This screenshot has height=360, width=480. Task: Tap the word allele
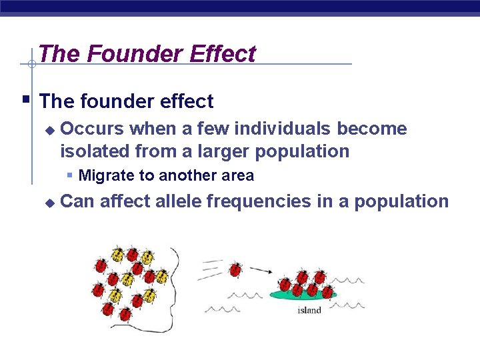point(180,201)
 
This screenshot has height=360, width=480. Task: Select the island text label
point(309,310)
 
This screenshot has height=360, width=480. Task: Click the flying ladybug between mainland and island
point(235,269)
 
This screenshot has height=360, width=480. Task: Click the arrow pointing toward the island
point(261,271)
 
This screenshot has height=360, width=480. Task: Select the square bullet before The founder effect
point(25,100)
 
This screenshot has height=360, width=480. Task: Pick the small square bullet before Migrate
point(70,175)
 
